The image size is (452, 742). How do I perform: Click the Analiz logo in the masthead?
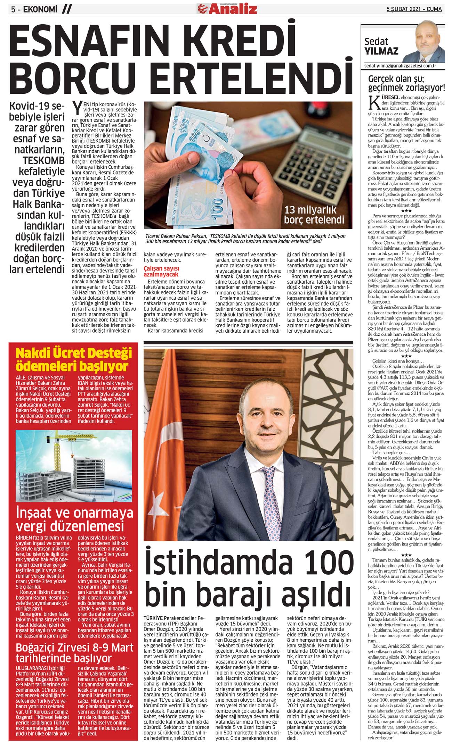228,8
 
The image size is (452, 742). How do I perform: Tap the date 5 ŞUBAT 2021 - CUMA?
414,9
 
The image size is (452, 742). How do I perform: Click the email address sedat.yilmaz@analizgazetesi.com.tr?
400,65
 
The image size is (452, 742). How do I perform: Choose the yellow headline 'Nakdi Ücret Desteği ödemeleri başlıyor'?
74,359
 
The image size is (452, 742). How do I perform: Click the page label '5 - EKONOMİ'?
34,10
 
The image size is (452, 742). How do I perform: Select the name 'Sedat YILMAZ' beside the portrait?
381,47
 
